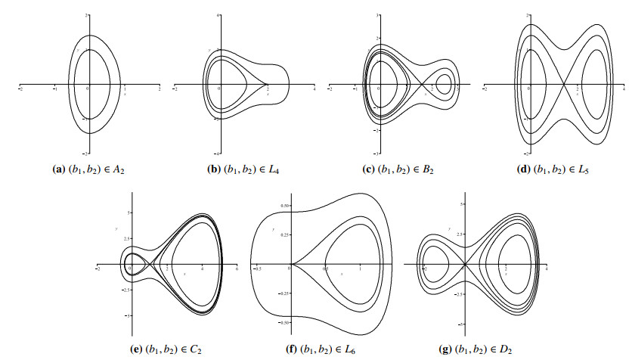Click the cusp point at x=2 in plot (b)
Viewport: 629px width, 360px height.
(267, 83)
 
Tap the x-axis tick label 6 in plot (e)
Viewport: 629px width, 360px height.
(237, 270)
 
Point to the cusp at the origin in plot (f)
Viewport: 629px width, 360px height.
(290, 264)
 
